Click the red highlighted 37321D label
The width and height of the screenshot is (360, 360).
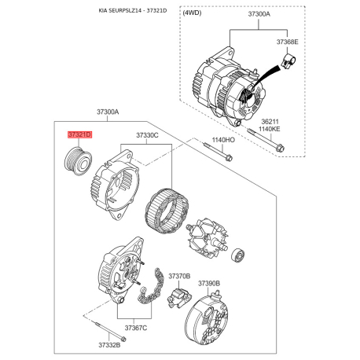pyautogui.click(x=80, y=134)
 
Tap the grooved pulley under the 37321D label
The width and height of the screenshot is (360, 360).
pyautogui.click(x=78, y=161)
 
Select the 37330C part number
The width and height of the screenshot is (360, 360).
pyautogui.click(x=147, y=135)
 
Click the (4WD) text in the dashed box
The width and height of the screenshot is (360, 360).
pyautogui.click(x=192, y=13)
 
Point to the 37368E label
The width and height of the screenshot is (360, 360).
pyautogui.click(x=288, y=42)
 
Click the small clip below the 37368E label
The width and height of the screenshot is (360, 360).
pyautogui.click(x=288, y=62)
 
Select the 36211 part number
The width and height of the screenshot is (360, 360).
pyautogui.click(x=270, y=122)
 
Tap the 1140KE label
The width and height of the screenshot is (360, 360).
pyautogui.click(x=270, y=129)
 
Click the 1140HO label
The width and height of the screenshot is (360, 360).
pyautogui.click(x=223, y=140)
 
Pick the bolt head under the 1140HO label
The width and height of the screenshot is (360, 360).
pyautogui.click(x=229, y=158)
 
